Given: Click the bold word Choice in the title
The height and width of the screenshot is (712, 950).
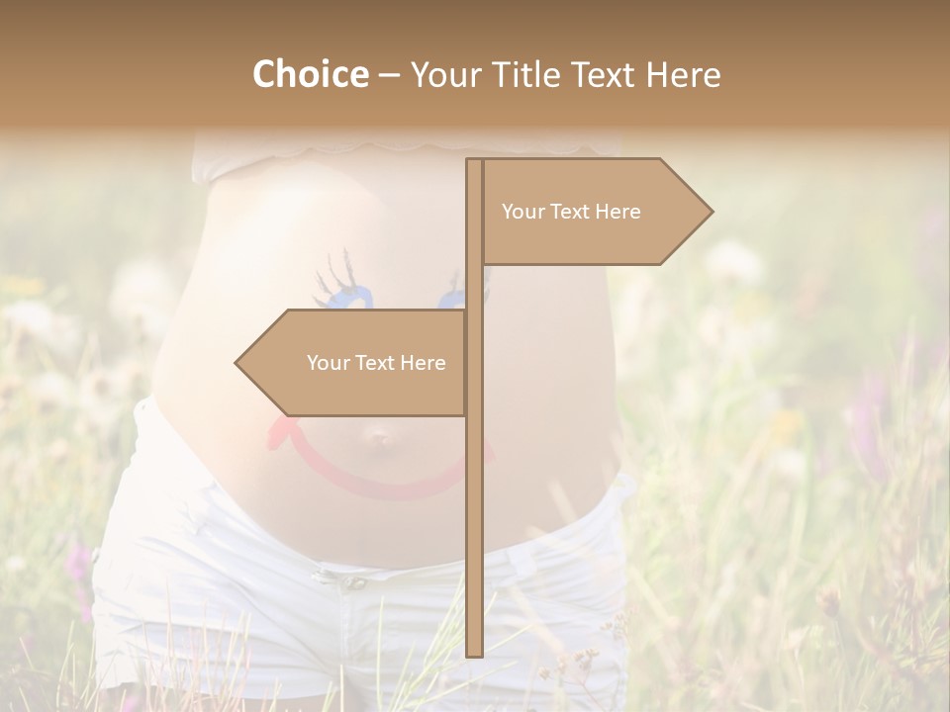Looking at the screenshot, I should [310, 74].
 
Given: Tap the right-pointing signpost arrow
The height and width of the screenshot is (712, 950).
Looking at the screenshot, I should [594, 212].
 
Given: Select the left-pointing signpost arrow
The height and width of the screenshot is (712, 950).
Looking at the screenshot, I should [356, 363].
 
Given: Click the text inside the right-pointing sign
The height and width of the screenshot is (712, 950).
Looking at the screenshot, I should [571, 212].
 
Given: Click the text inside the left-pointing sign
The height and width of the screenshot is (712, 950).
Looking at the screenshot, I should [376, 363].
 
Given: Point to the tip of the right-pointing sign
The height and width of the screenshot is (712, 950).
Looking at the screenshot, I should [711, 212].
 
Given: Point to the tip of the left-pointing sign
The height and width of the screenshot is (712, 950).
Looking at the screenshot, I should [237, 363].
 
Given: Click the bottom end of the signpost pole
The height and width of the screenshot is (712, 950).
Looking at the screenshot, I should [474, 653].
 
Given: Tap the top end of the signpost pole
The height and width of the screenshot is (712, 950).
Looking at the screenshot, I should [474, 161].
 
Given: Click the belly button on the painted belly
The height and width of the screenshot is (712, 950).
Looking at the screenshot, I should [379, 435].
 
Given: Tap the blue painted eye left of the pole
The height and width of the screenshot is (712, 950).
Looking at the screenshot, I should [342, 294].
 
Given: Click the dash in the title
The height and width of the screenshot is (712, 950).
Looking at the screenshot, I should [389, 76].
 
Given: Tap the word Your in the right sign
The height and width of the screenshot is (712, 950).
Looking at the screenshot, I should [522, 212].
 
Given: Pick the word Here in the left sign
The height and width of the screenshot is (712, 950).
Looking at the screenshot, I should [423, 363].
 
